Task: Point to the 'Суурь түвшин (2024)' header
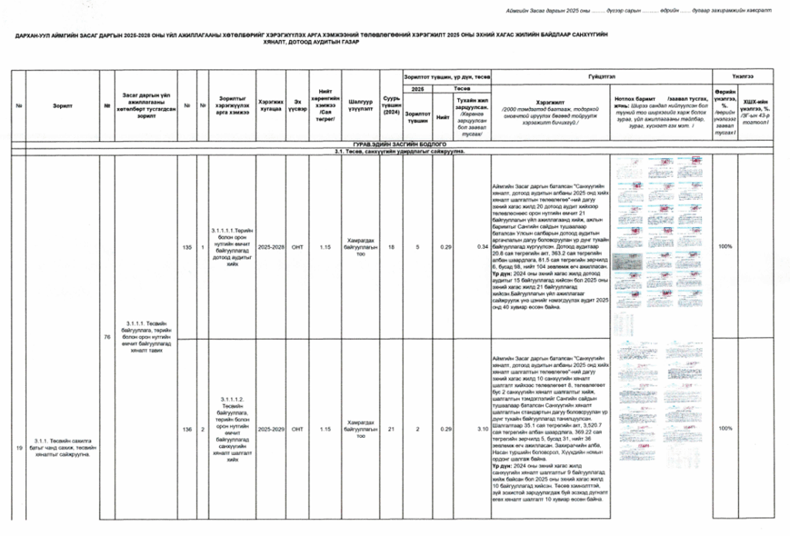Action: pos(391,106)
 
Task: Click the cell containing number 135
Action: pos(187,247)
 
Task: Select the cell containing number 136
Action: pos(187,429)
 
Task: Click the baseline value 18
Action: pos(391,247)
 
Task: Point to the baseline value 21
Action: pos(391,429)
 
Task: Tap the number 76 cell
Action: pos(107,338)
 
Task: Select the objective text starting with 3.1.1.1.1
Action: pos(232,247)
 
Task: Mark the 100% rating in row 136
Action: pos(724,429)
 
